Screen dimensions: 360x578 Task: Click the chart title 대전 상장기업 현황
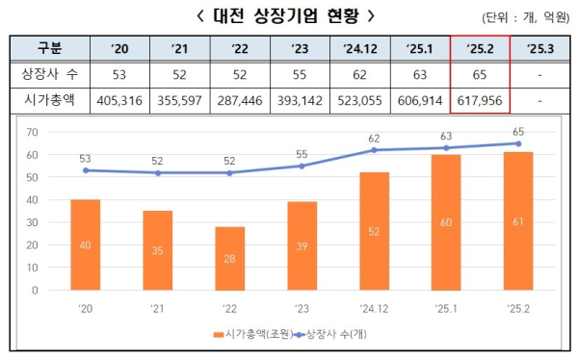(x=272, y=16)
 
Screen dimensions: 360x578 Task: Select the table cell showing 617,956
(x=481, y=100)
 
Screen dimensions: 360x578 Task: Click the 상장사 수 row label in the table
(x=48, y=74)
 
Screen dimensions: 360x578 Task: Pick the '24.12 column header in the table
(x=359, y=48)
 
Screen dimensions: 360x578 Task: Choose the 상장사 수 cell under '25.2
(x=481, y=74)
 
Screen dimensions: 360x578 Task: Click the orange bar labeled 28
(x=229, y=259)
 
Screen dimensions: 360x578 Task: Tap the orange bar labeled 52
(x=373, y=232)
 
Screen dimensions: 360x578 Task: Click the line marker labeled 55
(x=302, y=167)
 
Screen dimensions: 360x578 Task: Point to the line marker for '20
(x=87, y=170)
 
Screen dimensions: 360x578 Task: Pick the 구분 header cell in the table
(x=48, y=48)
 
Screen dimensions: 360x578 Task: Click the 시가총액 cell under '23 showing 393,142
(x=300, y=100)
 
